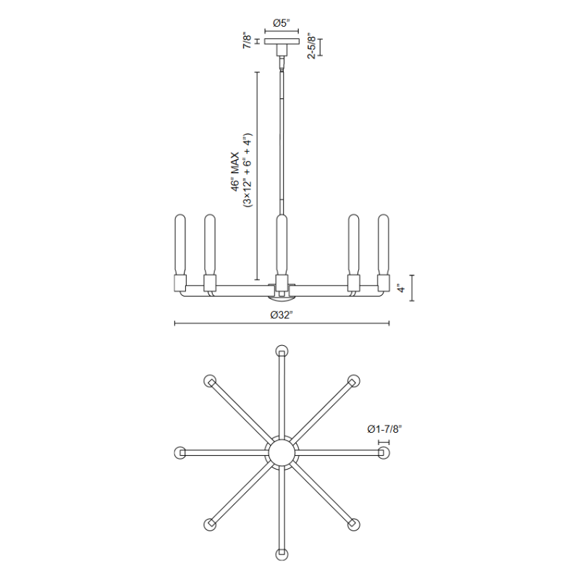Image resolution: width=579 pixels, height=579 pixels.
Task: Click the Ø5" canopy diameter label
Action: click(x=282, y=23)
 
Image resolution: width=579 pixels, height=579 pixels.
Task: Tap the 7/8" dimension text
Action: click(x=247, y=41)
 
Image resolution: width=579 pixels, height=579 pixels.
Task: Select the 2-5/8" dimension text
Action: click(x=311, y=46)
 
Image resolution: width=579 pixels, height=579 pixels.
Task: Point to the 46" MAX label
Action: click(x=235, y=172)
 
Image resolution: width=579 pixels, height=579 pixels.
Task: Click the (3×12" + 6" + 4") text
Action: click(x=247, y=170)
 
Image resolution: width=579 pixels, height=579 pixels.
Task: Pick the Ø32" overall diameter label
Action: click(x=282, y=315)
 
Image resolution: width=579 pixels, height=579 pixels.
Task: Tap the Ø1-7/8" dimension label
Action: click(x=384, y=429)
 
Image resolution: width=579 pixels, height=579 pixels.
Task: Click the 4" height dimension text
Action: click(x=401, y=287)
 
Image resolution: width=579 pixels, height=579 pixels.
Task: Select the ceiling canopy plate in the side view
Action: click(x=282, y=41)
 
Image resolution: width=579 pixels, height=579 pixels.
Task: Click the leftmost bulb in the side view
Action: click(x=179, y=245)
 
